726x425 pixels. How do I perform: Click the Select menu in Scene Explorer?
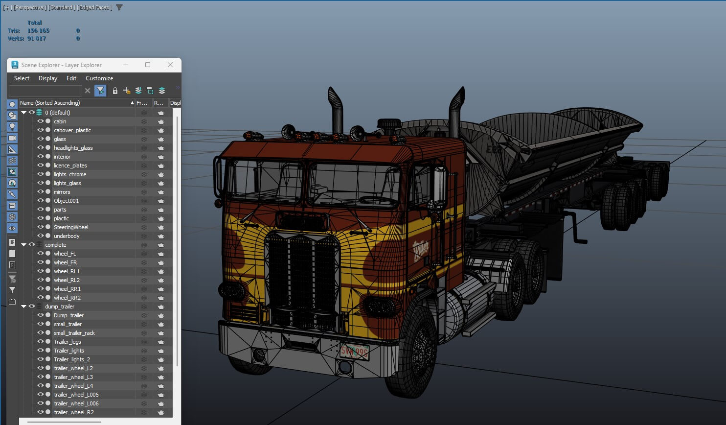pyautogui.click(x=22, y=78)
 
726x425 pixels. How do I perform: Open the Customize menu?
pyautogui.click(x=99, y=78)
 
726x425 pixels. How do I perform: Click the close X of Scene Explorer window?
pyautogui.click(x=170, y=65)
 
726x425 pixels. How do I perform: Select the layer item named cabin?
pyautogui.click(x=60, y=121)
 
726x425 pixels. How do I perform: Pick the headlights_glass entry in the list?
pyautogui.click(x=73, y=148)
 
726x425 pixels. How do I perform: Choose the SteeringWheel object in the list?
pyautogui.click(x=71, y=227)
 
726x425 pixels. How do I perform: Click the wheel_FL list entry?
pyautogui.click(x=65, y=254)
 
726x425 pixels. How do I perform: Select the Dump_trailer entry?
pyautogui.click(x=68, y=315)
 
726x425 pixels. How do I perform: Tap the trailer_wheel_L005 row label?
pyautogui.click(x=76, y=395)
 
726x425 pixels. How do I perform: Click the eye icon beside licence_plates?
pyautogui.click(x=41, y=165)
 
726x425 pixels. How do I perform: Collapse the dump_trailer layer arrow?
pyautogui.click(x=23, y=307)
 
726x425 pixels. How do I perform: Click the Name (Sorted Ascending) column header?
pyautogui.click(x=50, y=103)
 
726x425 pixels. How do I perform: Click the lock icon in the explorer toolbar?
pyautogui.click(x=115, y=91)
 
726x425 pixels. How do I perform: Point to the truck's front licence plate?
pyautogui.click(x=354, y=351)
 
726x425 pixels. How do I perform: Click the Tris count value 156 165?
pyautogui.click(x=38, y=31)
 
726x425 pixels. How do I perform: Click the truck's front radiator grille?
pyautogui.click(x=302, y=279)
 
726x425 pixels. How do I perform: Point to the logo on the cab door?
pyautogui.click(x=421, y=250)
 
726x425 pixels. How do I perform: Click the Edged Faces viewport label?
pyautogui.click(x=94, y=7)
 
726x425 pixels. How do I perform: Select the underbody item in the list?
pyautogui.click(x=67, y=236)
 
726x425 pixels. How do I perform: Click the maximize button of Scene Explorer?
pyautogui.click(x=148, y=65)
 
